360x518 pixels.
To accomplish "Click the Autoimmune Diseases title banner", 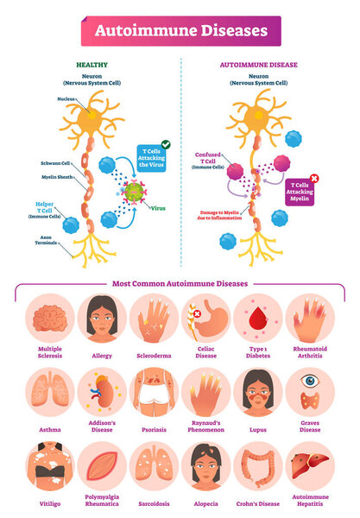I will pyautogui.click(x=180, y=31).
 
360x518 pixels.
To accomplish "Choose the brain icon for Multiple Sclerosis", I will pyautogui.click(x=50, y=320).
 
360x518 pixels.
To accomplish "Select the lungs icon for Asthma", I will pyautogui.click(x=50, y=393).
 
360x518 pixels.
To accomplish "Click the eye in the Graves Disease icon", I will pyautogui.click(x=310, y=380).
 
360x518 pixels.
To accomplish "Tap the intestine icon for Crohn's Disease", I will pyautogui.click(x=257, y=468).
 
